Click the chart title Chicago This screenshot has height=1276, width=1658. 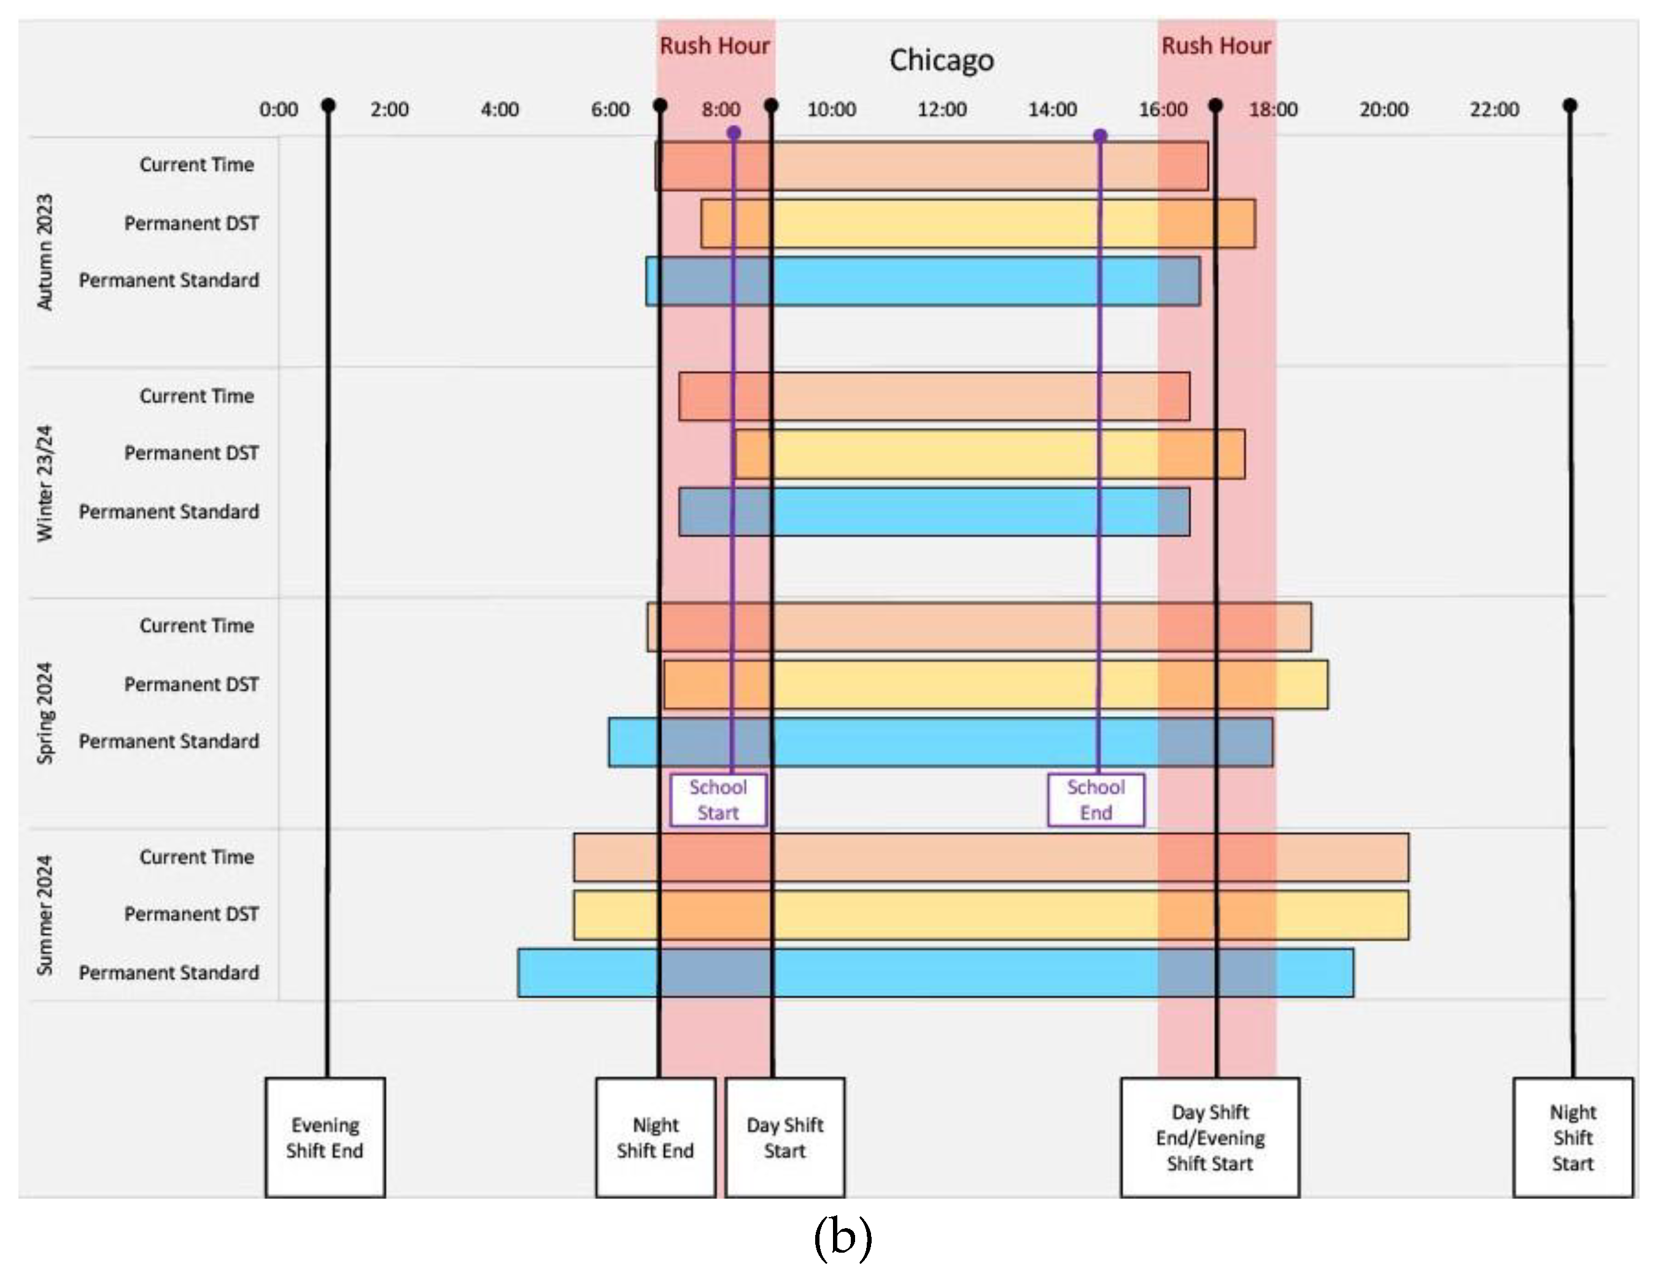tap(942, 60)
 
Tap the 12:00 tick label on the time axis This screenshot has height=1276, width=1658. tap(942, 110)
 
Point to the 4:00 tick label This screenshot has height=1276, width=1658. tap(500, 110)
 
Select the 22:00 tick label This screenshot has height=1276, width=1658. tap(1494, 110)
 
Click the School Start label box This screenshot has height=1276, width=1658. tap(718, 799)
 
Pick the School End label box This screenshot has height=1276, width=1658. tap(1096, 799)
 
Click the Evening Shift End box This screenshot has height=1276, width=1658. tap(325, 1137)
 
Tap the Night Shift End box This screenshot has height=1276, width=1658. tap(655, 1137)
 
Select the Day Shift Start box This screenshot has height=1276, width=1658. tap(784, 1137)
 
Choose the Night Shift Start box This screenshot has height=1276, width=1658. tap(1572, 1137)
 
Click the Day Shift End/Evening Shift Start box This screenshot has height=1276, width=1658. tap(1209, 1137)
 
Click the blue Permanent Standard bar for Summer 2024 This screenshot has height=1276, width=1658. tap(936, 972)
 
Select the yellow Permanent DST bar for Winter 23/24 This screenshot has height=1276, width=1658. tap(989, 454)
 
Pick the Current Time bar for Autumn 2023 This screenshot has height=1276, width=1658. tap(931, 166)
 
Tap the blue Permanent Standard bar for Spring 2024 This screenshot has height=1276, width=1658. tap(940, 741)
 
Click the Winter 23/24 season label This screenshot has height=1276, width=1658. tap(45, 483)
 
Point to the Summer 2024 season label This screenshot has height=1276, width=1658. tap(45, 914)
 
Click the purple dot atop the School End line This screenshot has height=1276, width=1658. tap(1100, 136)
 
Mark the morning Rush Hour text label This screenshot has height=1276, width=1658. tap(715, 46)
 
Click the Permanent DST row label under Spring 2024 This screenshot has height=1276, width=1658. tap(192, 684)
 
